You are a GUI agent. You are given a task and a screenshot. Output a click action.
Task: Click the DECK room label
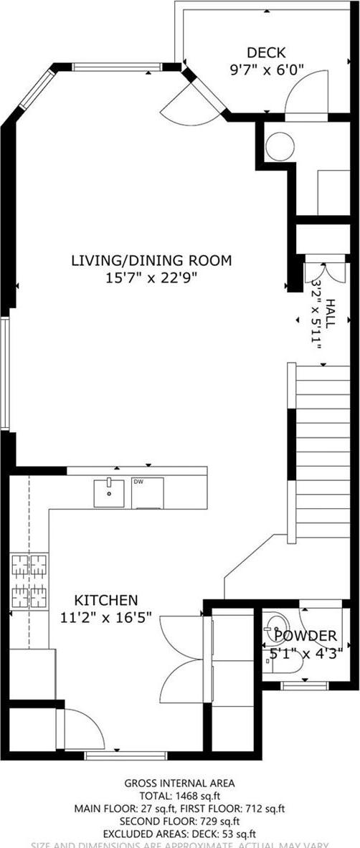(x=266, y=52)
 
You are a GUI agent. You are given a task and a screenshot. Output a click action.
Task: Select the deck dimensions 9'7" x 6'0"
(x=266, y=70)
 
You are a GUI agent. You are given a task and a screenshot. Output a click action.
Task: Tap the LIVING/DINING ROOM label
(x=151, y=261)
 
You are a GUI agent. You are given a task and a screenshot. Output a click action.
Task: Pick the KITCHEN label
(x=107, y=599)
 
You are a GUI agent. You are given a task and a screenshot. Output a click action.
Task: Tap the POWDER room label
(x=305, y=636)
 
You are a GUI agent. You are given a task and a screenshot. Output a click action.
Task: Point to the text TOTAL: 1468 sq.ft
(x=179, y=796)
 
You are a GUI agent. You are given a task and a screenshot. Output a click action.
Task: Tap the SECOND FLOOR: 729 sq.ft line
(x=179, y=821)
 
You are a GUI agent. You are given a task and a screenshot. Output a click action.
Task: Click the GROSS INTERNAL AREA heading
(x=179, y=783)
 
